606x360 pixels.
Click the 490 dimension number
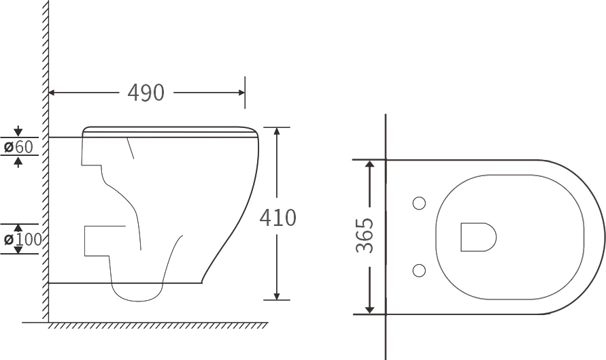[146, 93]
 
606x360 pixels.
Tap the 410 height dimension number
[277, 218]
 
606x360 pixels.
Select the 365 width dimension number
[365, 236]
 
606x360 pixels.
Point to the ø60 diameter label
[18, 146]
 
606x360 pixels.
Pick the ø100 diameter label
[22, 240]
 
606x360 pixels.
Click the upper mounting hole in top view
[420, 203]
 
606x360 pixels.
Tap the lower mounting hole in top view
[420, 270]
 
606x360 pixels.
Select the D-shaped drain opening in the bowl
[478, 237]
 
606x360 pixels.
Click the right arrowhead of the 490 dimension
[241, 93]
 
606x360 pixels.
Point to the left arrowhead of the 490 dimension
[52, 93]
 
